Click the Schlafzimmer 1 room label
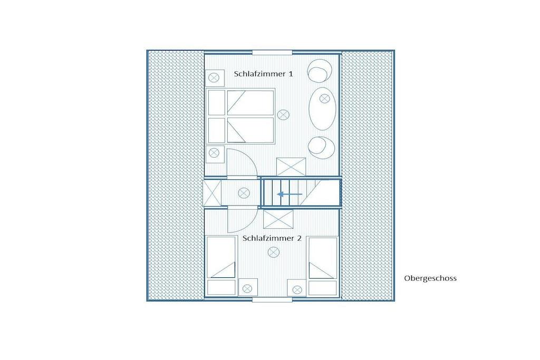[264, 74]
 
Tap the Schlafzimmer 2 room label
[272, 238]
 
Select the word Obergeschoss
[430, 278]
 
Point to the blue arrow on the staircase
[290, 194]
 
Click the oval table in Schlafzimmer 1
[322, 109]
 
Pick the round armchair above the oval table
[320, 71]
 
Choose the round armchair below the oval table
[321, 147]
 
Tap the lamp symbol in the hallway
[244, 193]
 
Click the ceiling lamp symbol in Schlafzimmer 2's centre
[274, 252]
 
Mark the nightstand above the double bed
[215, 78]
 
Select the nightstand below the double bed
[215, 154]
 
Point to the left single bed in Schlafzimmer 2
[221, 266]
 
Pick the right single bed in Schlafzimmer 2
[323, 266]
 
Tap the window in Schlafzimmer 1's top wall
[272, 53]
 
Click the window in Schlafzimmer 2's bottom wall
[272, 300]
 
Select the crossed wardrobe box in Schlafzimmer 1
[291, 167]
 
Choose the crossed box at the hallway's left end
[212, 193]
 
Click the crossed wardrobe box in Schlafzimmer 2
[278, 219]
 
